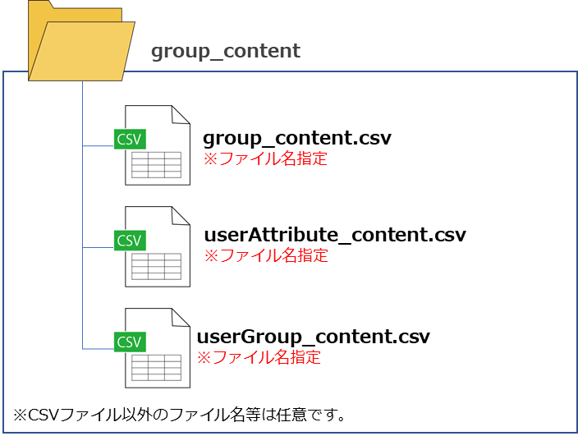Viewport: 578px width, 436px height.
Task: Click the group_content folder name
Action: point(225,52)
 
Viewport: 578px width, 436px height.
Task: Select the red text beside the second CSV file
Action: point(265,256)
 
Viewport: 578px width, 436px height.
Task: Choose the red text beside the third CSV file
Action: point(259,358)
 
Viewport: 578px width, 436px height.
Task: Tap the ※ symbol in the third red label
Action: point(203,359)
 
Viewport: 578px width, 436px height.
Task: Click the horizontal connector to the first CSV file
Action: point(98,146)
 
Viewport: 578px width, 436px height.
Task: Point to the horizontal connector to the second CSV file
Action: point(98,247)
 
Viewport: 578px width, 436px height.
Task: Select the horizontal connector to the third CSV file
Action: point(98,349)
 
